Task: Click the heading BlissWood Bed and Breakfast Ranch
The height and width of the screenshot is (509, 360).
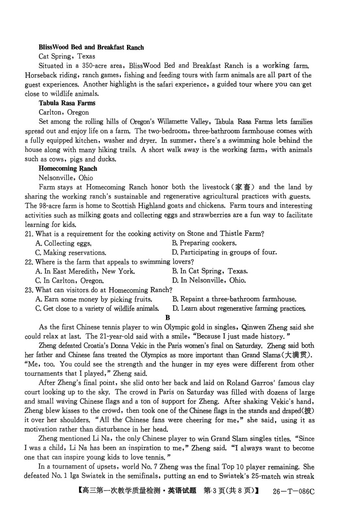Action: [91, 47]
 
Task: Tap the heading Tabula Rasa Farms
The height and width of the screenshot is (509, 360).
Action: [67, 103]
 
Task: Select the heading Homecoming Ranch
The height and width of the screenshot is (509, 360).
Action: [68, 169]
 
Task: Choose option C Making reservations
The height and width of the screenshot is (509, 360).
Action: [71, 253]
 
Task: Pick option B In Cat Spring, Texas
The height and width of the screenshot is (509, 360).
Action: [210, 271]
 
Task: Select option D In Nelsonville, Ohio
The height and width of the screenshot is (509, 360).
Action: [209, 280]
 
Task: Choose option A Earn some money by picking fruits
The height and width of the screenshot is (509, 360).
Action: [94, 299]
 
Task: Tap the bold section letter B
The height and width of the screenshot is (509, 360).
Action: [168, 317]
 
